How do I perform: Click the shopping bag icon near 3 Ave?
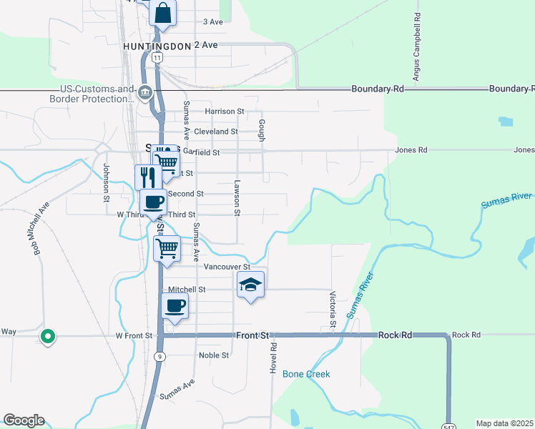click(163, 14)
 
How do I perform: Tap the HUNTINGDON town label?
click(157, 46)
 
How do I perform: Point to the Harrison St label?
click(225, 112)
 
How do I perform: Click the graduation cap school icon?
click(250, 285)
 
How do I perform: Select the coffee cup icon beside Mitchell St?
click(175, 306)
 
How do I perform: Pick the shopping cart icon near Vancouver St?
click(167, 249)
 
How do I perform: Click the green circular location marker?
click(48, 335)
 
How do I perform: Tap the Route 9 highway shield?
click(159, 355)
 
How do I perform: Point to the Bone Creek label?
click(306, 374)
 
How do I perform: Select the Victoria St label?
click(333, 310)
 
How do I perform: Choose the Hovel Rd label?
click(273, 355)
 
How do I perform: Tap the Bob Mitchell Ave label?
click(41, 228)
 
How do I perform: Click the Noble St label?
click(214, 355)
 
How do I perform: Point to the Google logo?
click(24, 420)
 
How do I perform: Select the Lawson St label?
click(235, 197)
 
